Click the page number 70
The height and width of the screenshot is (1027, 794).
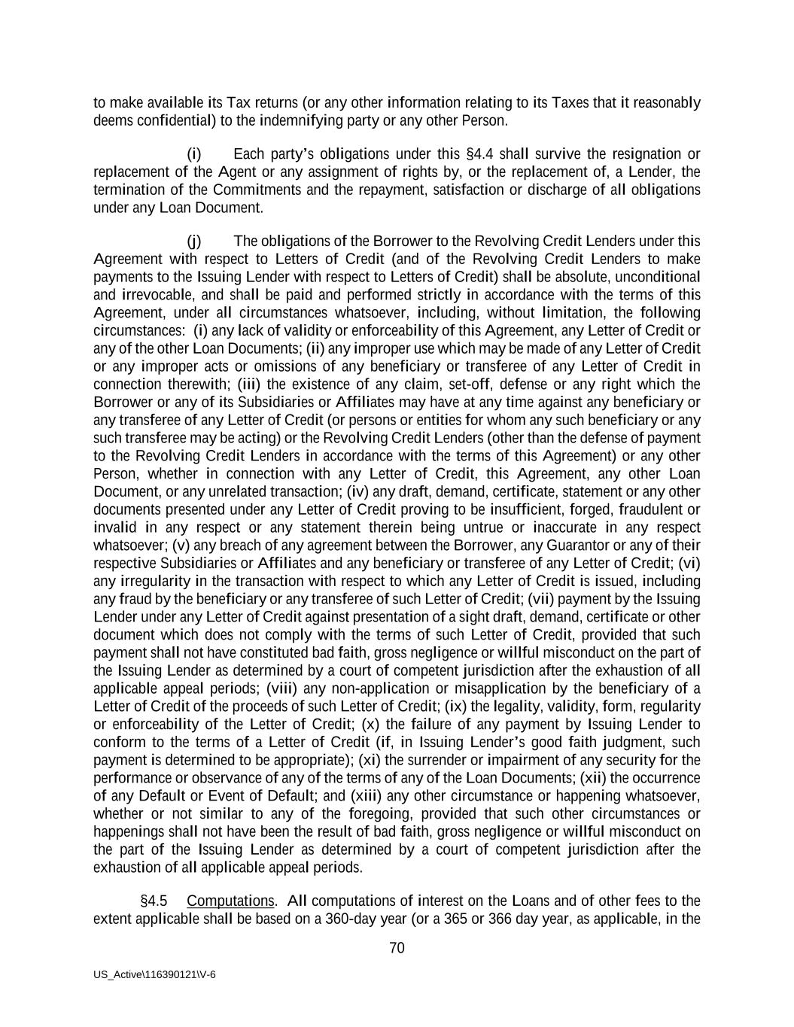pyautogui.click(x=397, y=948)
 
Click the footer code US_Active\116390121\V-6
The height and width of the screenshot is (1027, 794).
pyautogui.click(x=154, y=974)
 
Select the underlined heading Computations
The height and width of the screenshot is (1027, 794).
pyautogui.click(x=230, y=901)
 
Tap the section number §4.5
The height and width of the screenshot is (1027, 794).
pyautogui.click(x=154, y=901)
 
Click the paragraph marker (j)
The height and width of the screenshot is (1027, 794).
pyautogui.click(x=194, y=242)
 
